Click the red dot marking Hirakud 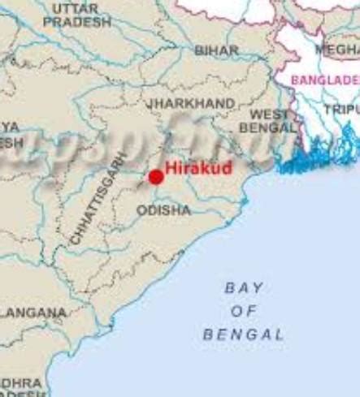(x=156, y=177)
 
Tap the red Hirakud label (x=199, y=169)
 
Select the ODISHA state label (x=163, y=210)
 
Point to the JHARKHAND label (x=191, y=104)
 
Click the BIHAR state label (x=217, y=50)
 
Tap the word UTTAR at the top (x=76, y=8)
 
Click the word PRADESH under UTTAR (x=76, y=22)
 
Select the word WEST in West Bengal (x=268, y=114)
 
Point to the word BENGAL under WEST (x=269, y=128)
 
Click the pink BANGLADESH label (x=325, y=80)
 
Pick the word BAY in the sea (x=244, y=287)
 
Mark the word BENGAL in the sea (x=244, y=334)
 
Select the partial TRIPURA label (x=341, y=109)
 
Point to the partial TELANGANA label (x=33, y=312)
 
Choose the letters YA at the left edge (x=10, y=127)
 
